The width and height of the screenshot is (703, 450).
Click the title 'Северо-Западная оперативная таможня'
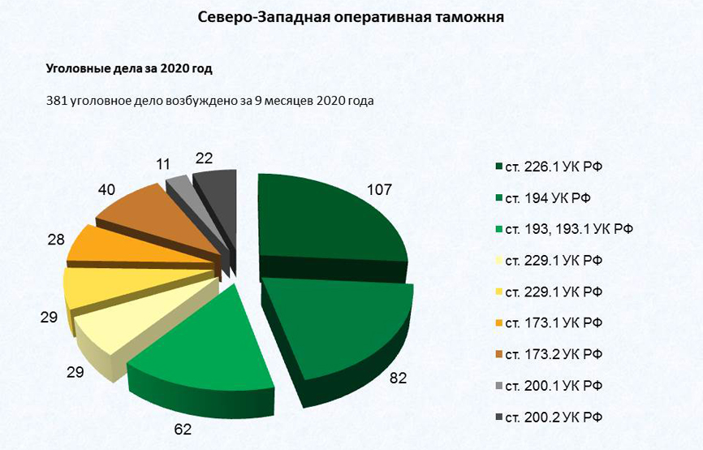(x=351, y=18)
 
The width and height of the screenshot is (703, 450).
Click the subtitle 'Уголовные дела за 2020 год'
(x=129, y=69)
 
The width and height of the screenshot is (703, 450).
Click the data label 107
(x=379, y=190)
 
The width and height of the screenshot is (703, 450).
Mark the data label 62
(x=183, y=430)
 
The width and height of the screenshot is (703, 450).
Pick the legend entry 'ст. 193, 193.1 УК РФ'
(x=567, y=229)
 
